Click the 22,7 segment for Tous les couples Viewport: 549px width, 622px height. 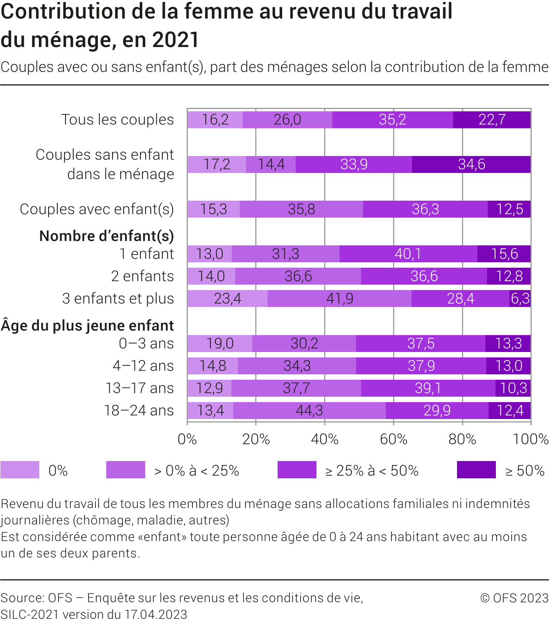[x=492, y=120]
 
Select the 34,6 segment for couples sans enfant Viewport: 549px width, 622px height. [x=471, y=164]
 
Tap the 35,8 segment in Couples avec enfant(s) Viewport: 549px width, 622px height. [x=301, y=209]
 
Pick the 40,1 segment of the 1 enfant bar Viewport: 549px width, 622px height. [x=408, y=254]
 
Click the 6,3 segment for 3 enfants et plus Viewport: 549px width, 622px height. [x=520, y=298]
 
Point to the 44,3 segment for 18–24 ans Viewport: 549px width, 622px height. [x=309, y=411]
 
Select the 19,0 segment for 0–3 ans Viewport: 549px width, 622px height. [x=220, y=344]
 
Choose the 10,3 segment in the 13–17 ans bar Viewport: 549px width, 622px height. [x=513, y=388]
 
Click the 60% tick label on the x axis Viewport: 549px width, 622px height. [x=393, y=439]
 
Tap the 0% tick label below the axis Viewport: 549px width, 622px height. [x=187, y=439]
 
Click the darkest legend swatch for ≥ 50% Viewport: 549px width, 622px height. [x=476, y=470]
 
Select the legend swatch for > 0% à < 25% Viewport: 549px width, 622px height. [x=126, y=470]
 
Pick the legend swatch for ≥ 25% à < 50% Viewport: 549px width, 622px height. [x=297, y=470]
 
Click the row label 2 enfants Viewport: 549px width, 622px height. [x=142, y=276]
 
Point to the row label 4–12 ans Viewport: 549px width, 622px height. [x=143, y=366]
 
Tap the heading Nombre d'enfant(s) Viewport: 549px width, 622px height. [x=107, y=236]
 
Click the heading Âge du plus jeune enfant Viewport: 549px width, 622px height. [x=87, y=325]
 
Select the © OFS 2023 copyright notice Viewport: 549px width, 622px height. [x=514, y=598]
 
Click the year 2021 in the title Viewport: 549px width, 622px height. [x=176, y=40]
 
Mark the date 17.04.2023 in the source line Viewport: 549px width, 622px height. [x=156, y=614]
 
